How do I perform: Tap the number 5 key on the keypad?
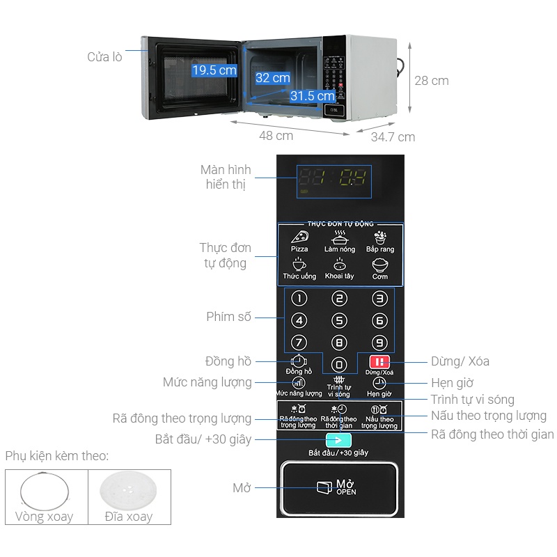(339, 320)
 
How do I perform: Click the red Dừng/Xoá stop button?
(379, 361)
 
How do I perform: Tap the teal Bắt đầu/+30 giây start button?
(338, 440)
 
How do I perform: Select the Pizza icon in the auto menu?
(299, 237)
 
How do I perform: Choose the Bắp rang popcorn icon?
(380, 237)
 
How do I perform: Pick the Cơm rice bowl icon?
(380, 265)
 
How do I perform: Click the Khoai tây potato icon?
(339, 265)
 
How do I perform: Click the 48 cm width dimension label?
(276, 136)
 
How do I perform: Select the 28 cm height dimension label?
(432, 81)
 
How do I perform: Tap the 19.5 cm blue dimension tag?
(214, 70)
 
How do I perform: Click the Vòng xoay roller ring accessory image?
(45, 491)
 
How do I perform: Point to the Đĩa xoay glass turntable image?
(129, 491)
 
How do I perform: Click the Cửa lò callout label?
(104, 57)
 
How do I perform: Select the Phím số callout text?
(228, 317)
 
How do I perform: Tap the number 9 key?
(379, 342)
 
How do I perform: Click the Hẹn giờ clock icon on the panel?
(379, 383)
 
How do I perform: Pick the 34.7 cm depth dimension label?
(393, 137)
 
